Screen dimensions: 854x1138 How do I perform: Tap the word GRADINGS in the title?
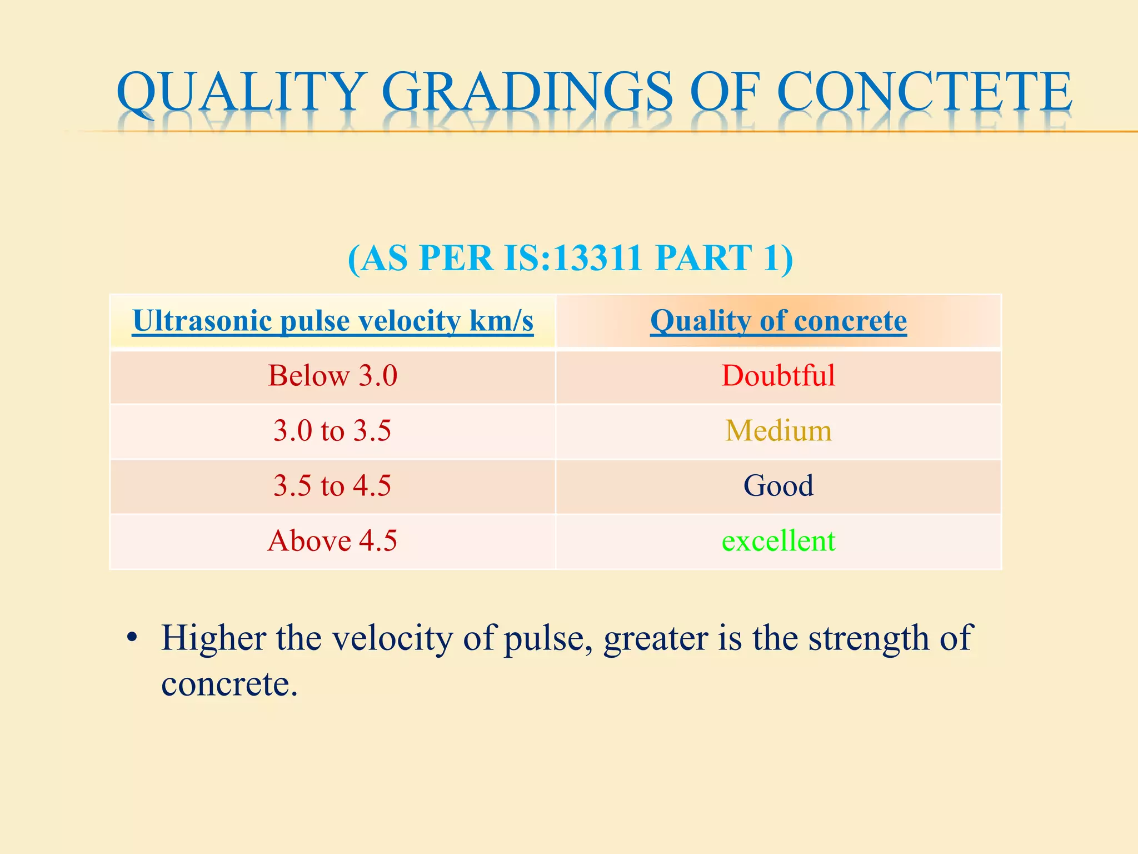click(x=527, y=92)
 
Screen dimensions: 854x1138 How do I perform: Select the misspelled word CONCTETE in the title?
click(x=924, y=92)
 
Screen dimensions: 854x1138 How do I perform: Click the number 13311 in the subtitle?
click(x=598, y=258)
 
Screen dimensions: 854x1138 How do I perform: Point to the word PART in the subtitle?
click(x=703, y=258)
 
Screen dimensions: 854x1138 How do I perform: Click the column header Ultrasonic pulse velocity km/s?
click(x=333, y=321)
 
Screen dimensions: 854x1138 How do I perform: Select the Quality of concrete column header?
click(x=778, y=321)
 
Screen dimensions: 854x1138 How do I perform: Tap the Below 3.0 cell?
click(x=333, y=376)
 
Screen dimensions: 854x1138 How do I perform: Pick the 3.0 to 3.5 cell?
click(x=332, y=431)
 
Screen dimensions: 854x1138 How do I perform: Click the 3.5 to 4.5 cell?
click(x=332, y=486)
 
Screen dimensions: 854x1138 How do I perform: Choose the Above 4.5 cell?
click(x=332, y=541)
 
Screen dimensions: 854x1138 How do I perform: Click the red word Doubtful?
click(x=778, y=376)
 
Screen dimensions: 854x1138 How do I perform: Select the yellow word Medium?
click(x=778, y=431)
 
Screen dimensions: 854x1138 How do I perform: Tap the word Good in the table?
click(x=778, y=486)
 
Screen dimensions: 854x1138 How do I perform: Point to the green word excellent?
click(x=778, y=541)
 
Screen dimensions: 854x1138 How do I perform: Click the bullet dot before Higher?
click(x=132, y=638)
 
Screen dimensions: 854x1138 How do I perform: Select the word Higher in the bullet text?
click(x=213, y=638)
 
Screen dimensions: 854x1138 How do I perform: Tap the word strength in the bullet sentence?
click(x=867, y=638)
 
